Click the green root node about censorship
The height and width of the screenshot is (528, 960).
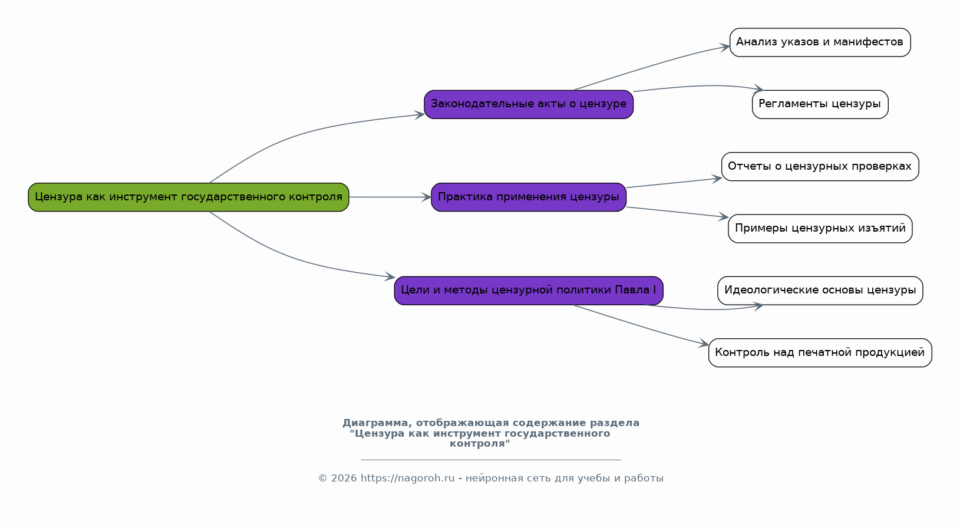tap(189, 197)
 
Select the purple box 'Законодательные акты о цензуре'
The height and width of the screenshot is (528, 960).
tap(529, 104)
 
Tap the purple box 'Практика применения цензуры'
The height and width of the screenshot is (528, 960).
tap(529, 197)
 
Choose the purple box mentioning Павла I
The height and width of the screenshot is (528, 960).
tap(529, 291)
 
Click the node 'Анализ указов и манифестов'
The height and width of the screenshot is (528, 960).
tap(820, 42)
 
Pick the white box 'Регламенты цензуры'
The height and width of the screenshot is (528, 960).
tap(820, 104)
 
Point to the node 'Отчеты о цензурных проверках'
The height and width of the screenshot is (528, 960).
tap(820, 166)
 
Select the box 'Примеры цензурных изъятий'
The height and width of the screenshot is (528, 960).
tap(820, 229)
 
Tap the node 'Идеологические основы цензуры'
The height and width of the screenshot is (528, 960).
tap(820, 291)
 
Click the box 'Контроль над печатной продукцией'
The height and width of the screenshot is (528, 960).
tap(820, 353)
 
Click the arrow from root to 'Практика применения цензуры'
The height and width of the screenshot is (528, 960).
tap(390, 197)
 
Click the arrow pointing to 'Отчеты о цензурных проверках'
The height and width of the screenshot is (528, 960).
tap(675, 183)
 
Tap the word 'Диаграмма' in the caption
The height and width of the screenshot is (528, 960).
tap(378, 423)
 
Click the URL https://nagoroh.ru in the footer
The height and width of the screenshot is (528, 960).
tap(408, 478)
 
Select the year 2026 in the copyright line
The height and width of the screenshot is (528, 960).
tap(344, 478)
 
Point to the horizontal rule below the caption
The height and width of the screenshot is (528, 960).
tap(491, 460)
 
